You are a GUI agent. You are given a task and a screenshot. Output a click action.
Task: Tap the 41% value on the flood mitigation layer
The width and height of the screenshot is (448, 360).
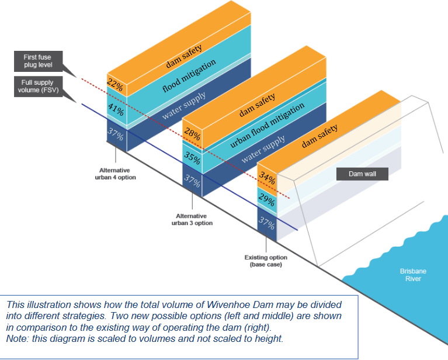pos(114,109)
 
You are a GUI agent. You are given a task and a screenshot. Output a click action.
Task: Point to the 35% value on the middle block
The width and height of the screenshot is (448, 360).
pos(192,157)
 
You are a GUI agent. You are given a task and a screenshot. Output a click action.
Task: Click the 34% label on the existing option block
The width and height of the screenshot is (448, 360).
pos(266,177)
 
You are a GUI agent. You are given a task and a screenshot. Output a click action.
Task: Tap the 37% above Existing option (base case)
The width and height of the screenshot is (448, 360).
pos(266,223)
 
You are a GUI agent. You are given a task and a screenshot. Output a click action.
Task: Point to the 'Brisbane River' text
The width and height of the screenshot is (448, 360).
pos(409,275)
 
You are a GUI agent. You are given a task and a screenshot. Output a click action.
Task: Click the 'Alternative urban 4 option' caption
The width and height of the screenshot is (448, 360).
pos(117,173)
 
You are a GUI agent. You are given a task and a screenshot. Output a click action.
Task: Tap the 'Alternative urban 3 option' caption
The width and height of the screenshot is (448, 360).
pos(195,219)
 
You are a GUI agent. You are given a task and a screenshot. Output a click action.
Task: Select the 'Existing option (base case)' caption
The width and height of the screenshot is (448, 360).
pos(266,261)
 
